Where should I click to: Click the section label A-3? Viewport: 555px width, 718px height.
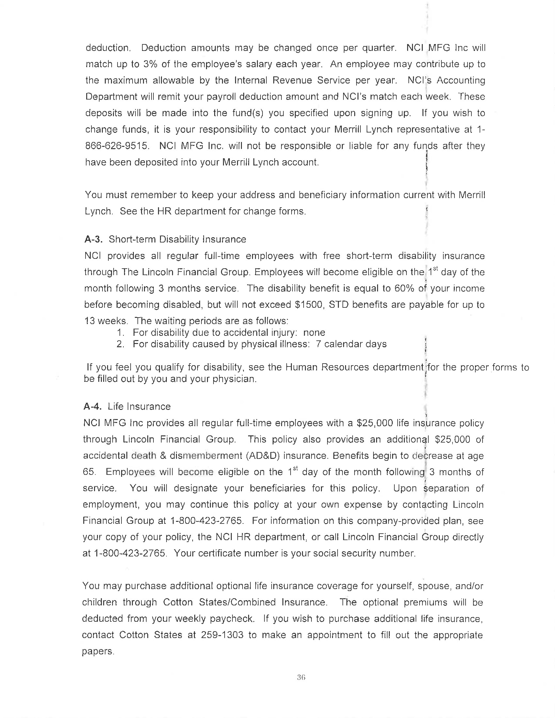(93, 239)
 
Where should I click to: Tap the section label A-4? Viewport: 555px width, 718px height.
(92, 407)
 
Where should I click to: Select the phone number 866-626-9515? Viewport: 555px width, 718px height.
(117, 146)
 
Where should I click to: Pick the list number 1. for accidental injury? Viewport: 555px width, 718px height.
(121, 333)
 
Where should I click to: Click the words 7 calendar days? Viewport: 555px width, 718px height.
(351, 344)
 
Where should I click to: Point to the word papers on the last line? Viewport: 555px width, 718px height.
(98, 651)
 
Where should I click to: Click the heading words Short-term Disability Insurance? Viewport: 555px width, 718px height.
(177, 239)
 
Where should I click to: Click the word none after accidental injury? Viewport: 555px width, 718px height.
(314, 333)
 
